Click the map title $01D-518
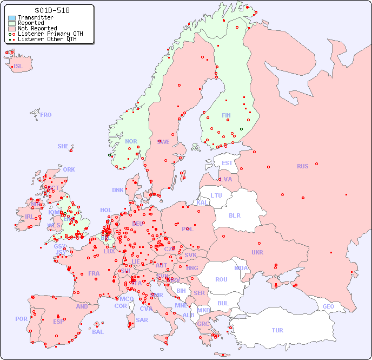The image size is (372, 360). point(51,10)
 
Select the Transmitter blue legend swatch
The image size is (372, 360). point(12,18)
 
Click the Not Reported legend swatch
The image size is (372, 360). point(12,28)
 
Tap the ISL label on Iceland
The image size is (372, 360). point(18,67)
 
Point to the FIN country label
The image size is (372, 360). point(226,115)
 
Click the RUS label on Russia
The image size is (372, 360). point(302,166)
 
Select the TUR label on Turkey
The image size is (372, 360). point(277,330)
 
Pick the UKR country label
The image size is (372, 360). point(257,252)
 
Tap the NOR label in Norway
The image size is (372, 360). point(131,141)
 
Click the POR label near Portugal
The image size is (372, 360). point(21,319)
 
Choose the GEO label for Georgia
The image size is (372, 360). point(328,306)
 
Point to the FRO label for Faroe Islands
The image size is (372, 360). point(46,115)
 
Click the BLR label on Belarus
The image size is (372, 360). point(235,215)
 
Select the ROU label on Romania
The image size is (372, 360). point(221,279)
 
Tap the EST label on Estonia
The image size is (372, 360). point(227,163)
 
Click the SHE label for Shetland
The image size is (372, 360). point(63,146)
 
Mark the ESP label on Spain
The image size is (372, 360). point(58,321)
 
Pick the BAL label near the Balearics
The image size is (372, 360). point(98,332)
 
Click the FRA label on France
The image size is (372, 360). point(94,273)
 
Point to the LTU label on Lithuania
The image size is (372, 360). point(216,195)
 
